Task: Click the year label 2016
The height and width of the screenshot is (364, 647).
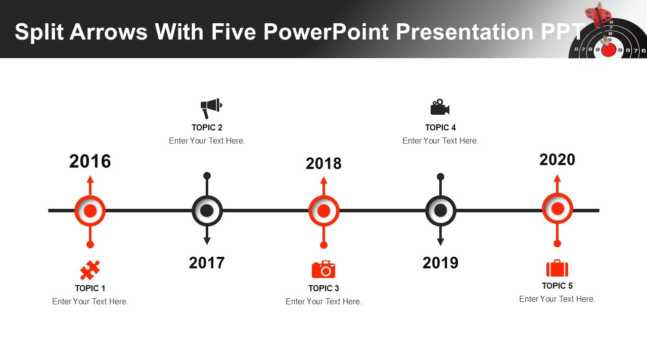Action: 90,161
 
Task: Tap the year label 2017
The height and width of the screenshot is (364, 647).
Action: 207,263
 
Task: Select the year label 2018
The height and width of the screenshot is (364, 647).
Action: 323,163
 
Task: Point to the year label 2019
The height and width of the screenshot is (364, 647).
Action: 440,263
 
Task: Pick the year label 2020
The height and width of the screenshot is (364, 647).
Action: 557,159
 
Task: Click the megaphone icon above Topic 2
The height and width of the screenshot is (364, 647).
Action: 211,108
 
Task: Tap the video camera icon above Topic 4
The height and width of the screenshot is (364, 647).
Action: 440,107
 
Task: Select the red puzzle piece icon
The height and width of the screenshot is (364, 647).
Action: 90,270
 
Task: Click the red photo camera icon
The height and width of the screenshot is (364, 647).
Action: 323,269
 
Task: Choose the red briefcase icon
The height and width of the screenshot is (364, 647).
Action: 557,268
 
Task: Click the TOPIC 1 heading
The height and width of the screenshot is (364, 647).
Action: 90,288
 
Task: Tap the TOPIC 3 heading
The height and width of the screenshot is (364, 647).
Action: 323,288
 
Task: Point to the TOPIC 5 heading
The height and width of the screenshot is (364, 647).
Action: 557,286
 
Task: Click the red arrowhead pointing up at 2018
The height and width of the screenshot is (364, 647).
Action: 323,180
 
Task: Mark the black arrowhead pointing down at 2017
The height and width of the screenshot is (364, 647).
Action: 207,241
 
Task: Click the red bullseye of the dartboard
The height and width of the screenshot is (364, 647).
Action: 609,50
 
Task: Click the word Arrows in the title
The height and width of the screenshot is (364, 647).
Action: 109,31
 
